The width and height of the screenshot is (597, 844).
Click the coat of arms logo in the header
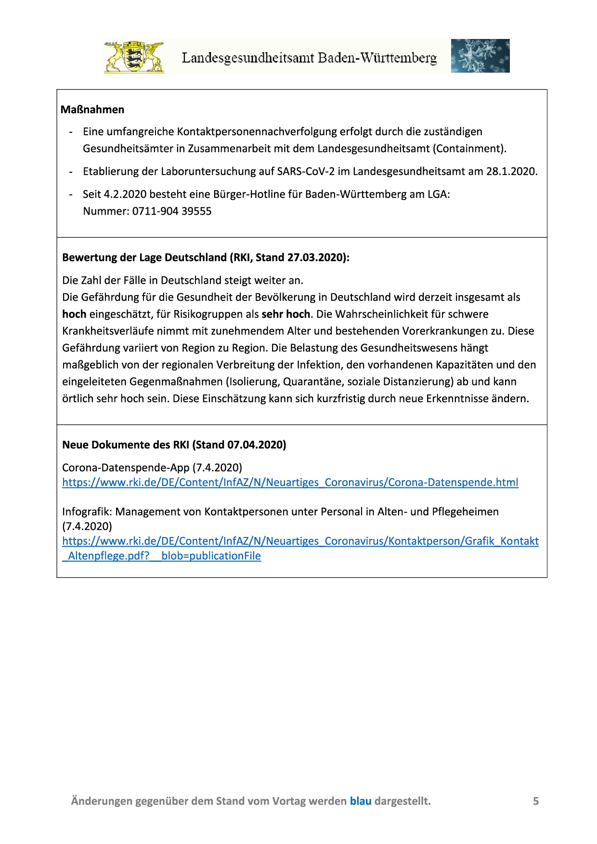click(134, 57)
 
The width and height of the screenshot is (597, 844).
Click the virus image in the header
click(480, 56)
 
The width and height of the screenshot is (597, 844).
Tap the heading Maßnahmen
click(92, 110)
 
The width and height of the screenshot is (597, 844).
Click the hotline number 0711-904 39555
click(172, 211)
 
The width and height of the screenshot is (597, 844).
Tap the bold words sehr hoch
click(286, 314)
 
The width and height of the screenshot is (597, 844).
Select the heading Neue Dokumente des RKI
click(126, 445)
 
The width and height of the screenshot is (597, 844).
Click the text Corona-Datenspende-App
click(126, 467)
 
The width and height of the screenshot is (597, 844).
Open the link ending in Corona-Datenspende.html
click(290, 483)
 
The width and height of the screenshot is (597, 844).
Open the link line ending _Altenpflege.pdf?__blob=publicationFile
click(162, 556)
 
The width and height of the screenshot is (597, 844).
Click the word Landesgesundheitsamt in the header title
click(248, 58)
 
